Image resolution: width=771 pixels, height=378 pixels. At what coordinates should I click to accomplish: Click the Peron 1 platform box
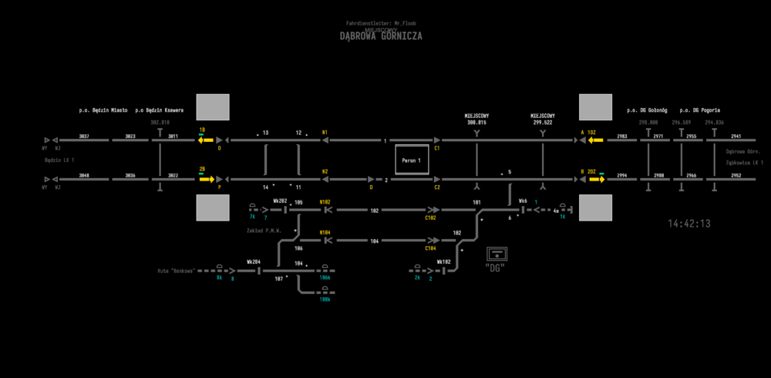[x=411, y=160]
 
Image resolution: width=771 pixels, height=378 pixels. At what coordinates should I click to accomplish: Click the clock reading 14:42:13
[x=689, y=224]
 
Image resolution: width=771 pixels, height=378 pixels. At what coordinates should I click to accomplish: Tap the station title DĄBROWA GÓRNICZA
[x=381, y=36]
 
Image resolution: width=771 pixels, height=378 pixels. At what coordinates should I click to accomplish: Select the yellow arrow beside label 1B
[x=205, y=140]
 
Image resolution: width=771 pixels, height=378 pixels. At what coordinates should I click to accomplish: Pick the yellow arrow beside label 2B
[x=205, y=180]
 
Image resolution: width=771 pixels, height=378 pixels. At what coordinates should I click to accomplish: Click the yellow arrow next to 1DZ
[x=594, y=140]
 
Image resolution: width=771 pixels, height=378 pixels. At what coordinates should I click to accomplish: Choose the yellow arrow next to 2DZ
[x=594, y=180]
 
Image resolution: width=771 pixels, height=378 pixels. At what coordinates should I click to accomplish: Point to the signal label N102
[x=325, y=201]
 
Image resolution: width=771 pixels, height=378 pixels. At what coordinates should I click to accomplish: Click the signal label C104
[x=430, y=249]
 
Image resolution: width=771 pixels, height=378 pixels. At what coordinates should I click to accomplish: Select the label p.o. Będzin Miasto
[x=103, y=110]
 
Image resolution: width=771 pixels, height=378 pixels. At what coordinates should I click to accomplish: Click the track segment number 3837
[x=84, y=137]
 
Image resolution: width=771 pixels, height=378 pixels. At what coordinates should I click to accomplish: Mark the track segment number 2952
[x=736, y=176]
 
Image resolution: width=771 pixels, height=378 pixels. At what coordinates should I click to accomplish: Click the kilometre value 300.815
[x=477, y=123]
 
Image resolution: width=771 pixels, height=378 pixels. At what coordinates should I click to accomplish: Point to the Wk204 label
[x=254, y=262]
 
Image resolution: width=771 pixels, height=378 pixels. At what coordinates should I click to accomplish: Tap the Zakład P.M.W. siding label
[x=264, y=231]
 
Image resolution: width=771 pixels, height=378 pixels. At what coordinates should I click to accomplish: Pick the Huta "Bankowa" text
[x=176, y=271]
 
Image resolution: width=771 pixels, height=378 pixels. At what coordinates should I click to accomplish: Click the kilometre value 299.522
[x=543, y=123]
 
